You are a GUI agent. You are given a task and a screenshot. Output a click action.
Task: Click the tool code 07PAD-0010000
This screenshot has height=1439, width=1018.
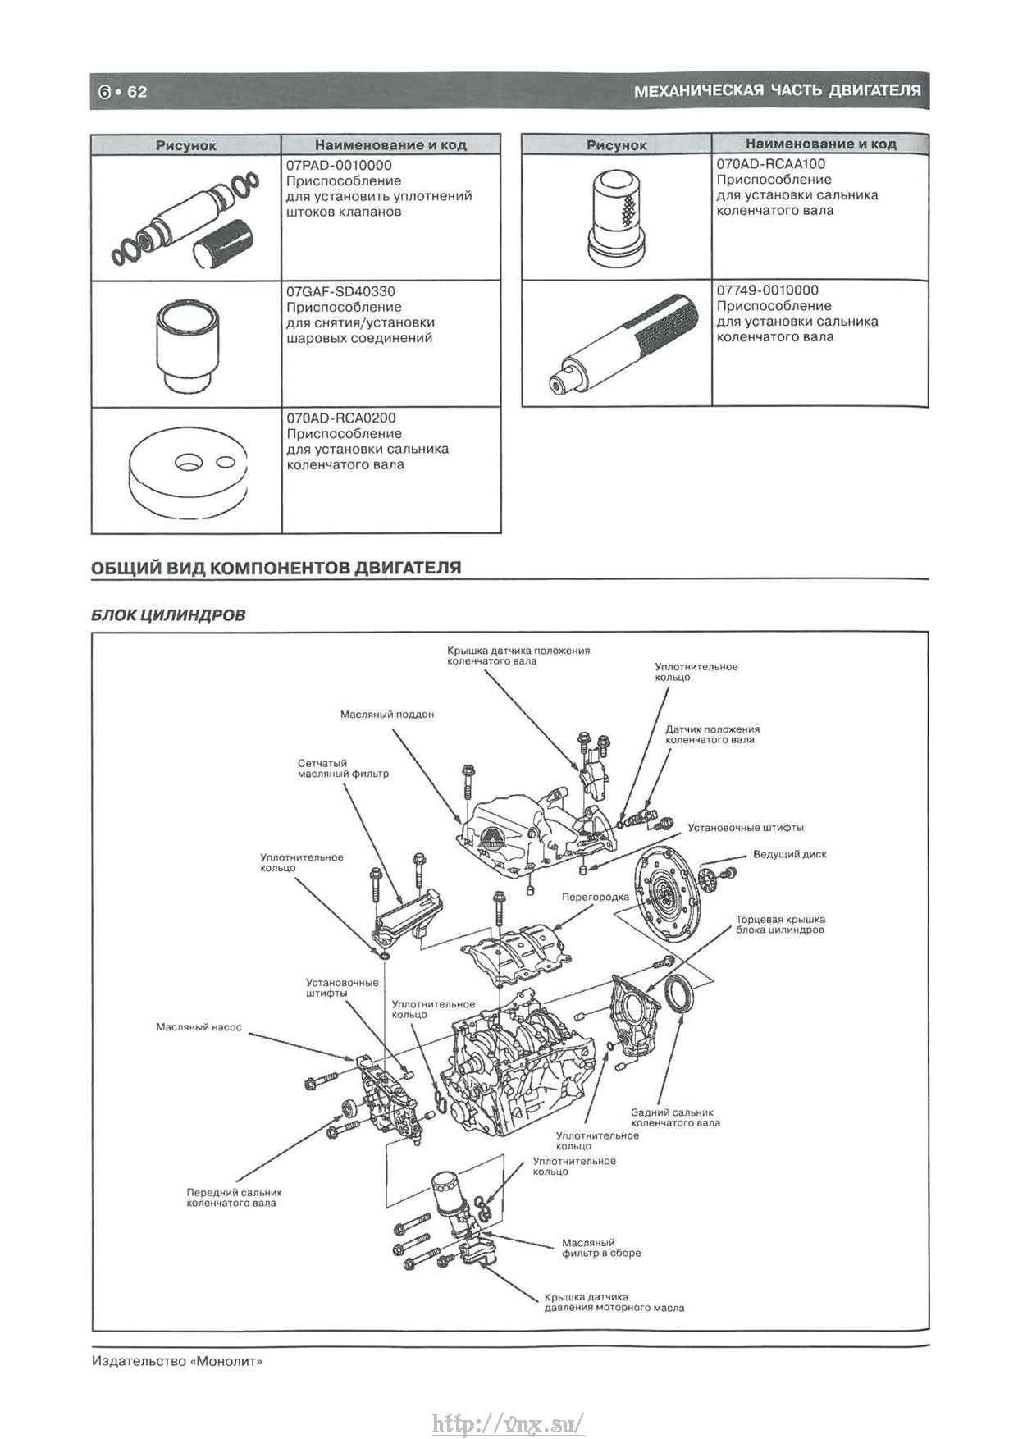point(339,166)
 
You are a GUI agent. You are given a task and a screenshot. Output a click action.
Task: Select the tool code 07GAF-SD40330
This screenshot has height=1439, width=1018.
point(340,292)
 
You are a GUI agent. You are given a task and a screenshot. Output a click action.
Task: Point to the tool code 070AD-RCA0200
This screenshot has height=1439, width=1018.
point(341,418)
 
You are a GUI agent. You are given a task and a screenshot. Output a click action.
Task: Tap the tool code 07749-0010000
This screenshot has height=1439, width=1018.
point(767,290)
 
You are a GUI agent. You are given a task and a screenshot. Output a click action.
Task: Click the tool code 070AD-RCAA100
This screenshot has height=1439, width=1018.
point(771,164)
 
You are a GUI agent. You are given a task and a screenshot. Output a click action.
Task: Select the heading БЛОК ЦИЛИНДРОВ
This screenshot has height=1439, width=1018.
point(168,614)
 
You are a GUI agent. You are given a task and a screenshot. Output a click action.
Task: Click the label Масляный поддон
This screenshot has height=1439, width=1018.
point(387,715)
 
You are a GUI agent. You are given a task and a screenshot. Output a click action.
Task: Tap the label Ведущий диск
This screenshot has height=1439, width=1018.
point(789,854)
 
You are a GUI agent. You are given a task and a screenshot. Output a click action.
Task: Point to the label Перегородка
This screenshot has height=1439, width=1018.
point(595,897)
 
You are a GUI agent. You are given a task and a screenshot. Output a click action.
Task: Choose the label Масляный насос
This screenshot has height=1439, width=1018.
point(199,1027)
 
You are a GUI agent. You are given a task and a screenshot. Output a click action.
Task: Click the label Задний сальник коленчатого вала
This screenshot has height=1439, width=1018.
point(675,1117)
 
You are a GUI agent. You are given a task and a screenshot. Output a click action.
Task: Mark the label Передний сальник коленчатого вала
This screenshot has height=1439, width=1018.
point(234,1198)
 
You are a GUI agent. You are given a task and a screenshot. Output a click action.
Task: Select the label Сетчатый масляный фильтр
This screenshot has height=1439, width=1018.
point(343,769)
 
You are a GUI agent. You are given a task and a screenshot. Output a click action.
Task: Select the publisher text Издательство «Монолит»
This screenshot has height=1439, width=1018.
point(177,1361)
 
